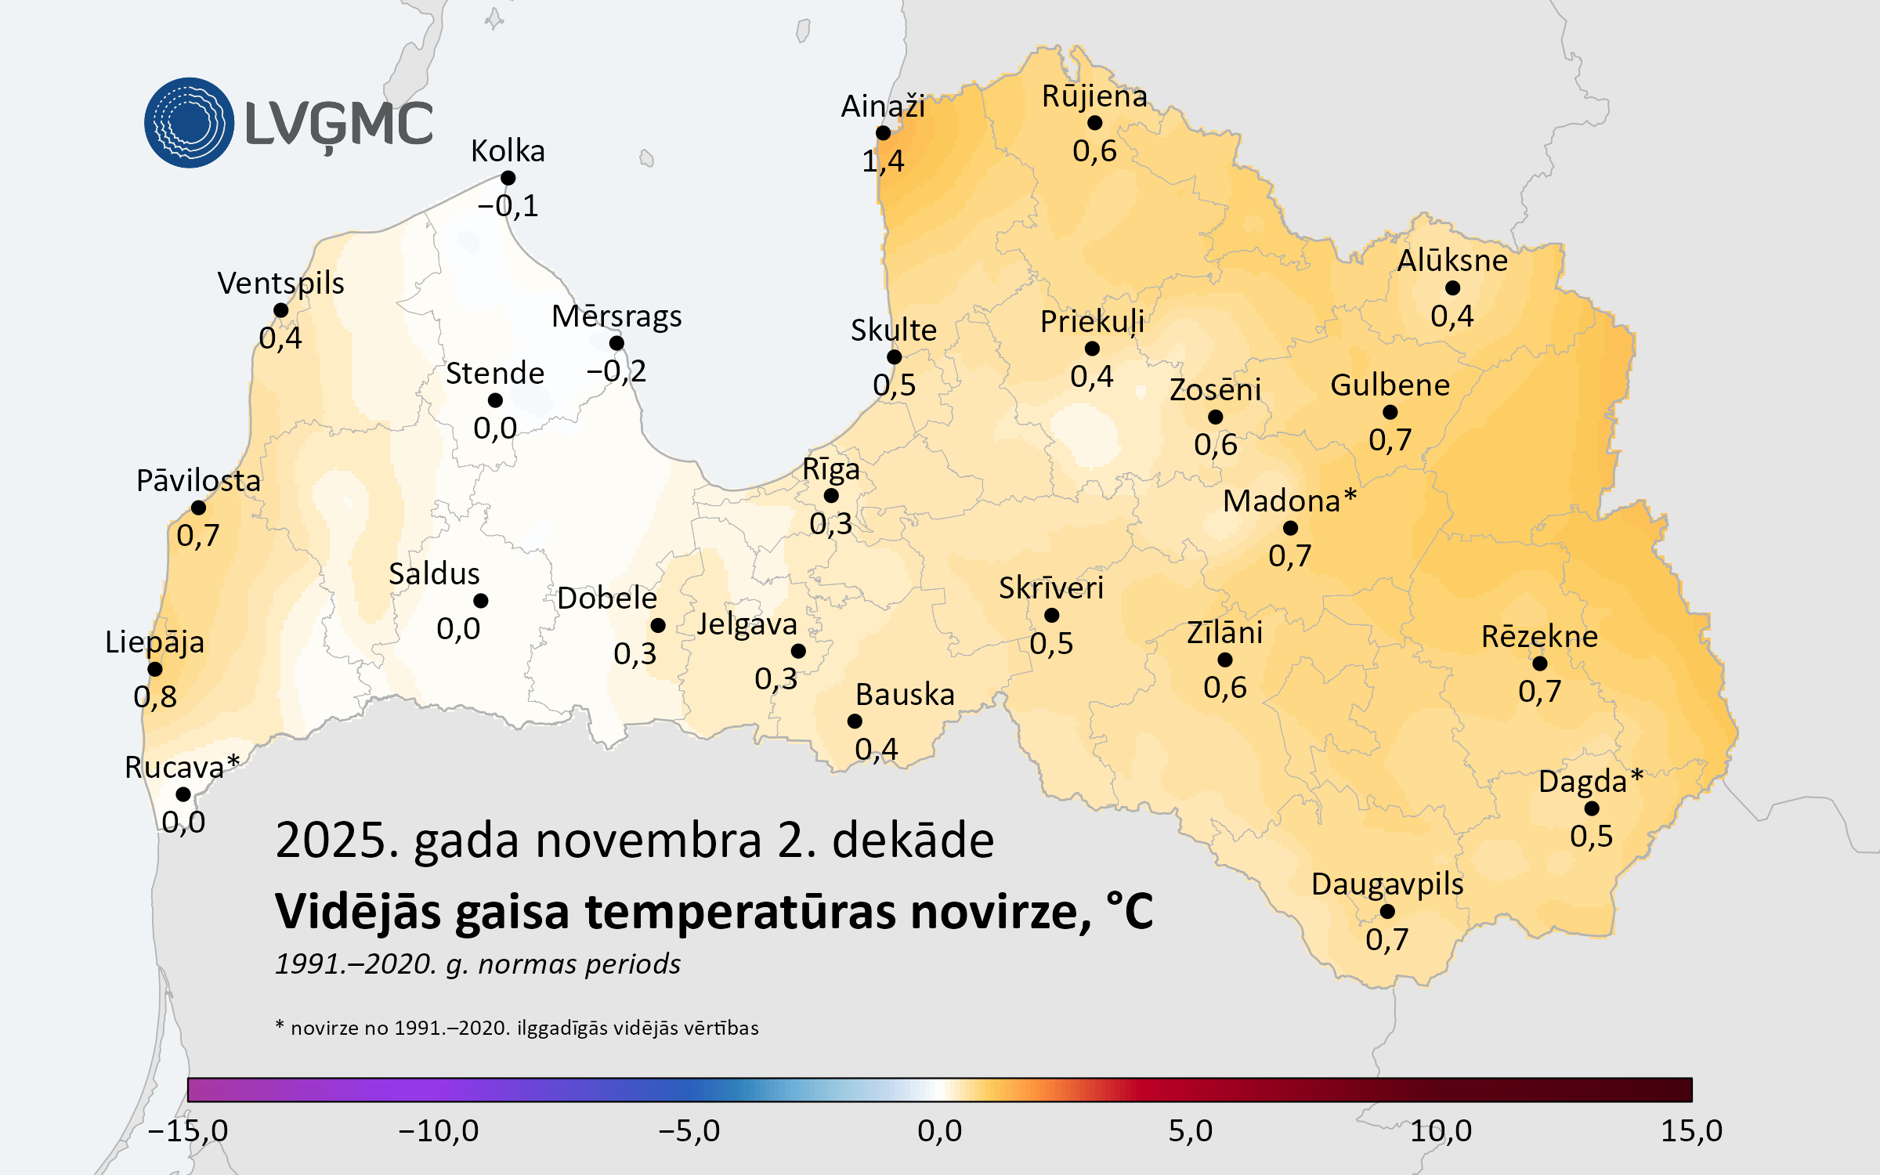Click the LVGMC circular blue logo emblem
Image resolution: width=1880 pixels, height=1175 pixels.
coord(189,123)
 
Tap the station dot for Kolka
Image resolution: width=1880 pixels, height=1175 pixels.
coord(508,179)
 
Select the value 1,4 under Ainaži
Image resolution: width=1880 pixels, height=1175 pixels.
coord(883,161)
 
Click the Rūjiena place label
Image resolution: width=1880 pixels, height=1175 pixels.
coord(1094,96)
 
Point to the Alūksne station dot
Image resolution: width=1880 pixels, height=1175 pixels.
coord(1452,288)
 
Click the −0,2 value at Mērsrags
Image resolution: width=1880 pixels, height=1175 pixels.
coord(616,371)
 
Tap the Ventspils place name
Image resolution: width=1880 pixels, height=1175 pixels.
coord(280,284)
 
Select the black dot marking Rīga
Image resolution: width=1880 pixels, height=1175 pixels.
coord(831,496)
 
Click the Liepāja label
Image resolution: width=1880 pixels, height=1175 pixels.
coord(155,642)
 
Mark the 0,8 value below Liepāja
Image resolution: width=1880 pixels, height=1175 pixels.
coord(155,696)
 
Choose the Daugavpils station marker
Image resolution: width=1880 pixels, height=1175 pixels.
coord(1387,912)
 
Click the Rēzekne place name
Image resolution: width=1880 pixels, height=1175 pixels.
coord(1539,637)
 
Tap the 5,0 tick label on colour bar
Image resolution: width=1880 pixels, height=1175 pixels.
coord(1190,1131)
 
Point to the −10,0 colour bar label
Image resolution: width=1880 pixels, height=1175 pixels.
coord(439,1131)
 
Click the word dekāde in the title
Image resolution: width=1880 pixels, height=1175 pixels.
coord(913,841)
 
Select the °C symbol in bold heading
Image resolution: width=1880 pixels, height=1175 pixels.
coord(1130,911)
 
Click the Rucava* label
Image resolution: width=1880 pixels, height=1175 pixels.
coord(182,768)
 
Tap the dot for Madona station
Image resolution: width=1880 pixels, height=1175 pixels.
coord(1290,529)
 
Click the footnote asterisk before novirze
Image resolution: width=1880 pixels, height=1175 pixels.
coord(280,1025)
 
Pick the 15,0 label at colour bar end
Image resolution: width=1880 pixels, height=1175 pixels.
coord(1691,1131)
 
